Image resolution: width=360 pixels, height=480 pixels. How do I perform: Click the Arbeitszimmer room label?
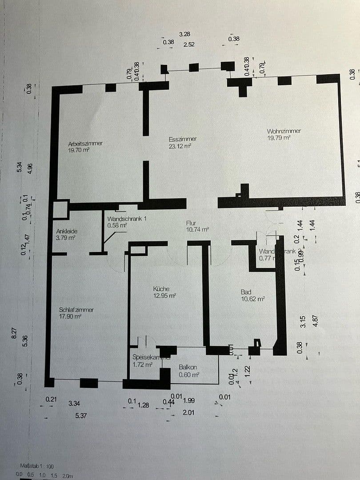point(85,144)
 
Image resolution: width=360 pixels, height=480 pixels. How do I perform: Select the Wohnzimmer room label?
point(284,131)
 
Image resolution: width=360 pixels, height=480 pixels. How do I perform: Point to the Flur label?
point(192,223)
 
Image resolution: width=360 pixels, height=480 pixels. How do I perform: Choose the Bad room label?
point(246,292)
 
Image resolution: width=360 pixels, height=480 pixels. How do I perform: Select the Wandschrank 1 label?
point(127,219)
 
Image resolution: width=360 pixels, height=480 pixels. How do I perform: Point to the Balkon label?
point(188,368)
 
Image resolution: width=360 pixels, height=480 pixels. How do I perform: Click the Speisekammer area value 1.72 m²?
point(143,364)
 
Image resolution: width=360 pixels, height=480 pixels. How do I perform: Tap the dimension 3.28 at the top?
point(184,34)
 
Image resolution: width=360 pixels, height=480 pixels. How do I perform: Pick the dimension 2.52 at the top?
point(189,44)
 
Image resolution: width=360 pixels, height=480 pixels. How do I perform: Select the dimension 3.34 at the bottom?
point(74,404)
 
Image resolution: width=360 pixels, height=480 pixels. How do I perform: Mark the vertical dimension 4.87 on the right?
point(316,321)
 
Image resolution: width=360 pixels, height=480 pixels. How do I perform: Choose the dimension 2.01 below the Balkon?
point(189,412)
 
